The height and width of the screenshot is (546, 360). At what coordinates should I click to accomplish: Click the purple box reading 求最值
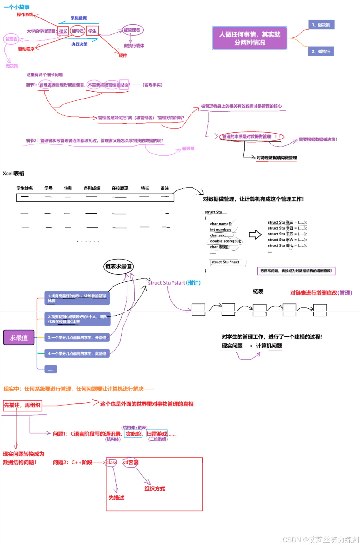click(x=19, y=337)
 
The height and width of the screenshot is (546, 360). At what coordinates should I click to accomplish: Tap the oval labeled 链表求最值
click(x=118, y=266)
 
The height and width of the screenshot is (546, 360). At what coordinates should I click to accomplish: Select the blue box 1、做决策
click(x=321, y=25)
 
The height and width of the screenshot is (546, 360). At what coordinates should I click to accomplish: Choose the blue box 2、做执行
click(x=321, y=51)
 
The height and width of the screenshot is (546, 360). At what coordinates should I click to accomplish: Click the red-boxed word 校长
click(x=63, y=31)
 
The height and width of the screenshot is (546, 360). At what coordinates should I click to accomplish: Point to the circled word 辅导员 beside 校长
click(x=77, y=31)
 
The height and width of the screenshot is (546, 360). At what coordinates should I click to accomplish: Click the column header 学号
click(x=48, y=188)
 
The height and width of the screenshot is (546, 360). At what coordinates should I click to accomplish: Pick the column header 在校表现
click(x=120, y=188)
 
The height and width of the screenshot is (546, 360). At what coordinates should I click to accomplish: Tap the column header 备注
click(x=165, y=188)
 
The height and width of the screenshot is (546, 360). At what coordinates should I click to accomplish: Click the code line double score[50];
click(x=225, y=241)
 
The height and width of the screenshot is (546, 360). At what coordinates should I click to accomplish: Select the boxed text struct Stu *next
click(x=225, y=262)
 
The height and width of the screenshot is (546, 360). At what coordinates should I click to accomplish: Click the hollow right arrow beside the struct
click(x=255, y=235)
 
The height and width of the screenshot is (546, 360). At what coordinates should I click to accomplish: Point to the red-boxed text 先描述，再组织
click(x=22, y=405)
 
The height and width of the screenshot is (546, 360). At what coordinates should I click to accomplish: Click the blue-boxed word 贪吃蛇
click(x=133, y=434)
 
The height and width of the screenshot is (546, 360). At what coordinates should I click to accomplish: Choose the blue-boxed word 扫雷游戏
click(x=157, y=434)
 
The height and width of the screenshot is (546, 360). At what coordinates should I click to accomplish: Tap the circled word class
click(x=112, y=463)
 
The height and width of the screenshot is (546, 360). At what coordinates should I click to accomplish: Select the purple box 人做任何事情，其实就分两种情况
click(x=250, y=38)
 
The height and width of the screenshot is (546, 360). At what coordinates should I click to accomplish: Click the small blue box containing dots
click(x=51, y=369)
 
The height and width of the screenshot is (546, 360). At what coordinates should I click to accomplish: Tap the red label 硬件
click(x=123, y=55)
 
